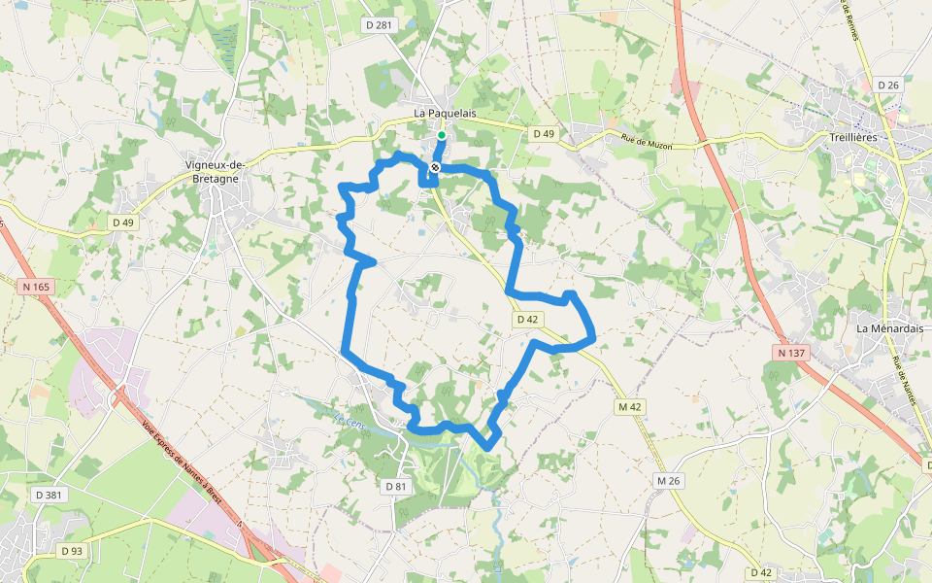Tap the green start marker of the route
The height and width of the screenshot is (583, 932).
[442, 135]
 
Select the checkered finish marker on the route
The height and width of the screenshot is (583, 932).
[435, 167]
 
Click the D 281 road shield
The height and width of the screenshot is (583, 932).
[379, 24]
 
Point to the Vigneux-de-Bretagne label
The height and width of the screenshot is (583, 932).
[216, 171]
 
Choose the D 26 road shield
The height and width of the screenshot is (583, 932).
[888, 86]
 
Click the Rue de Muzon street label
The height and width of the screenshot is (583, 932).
[660, 144]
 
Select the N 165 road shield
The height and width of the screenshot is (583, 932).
[35, 287]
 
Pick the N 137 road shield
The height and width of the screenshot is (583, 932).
[792, 352]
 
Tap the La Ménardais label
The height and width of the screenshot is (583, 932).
[887, 328]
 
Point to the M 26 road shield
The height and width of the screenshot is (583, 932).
[668, 480]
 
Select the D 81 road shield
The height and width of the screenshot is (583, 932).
[395, 486]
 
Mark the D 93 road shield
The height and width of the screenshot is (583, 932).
[72, 551]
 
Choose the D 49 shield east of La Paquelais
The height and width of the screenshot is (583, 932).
[544, 133]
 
